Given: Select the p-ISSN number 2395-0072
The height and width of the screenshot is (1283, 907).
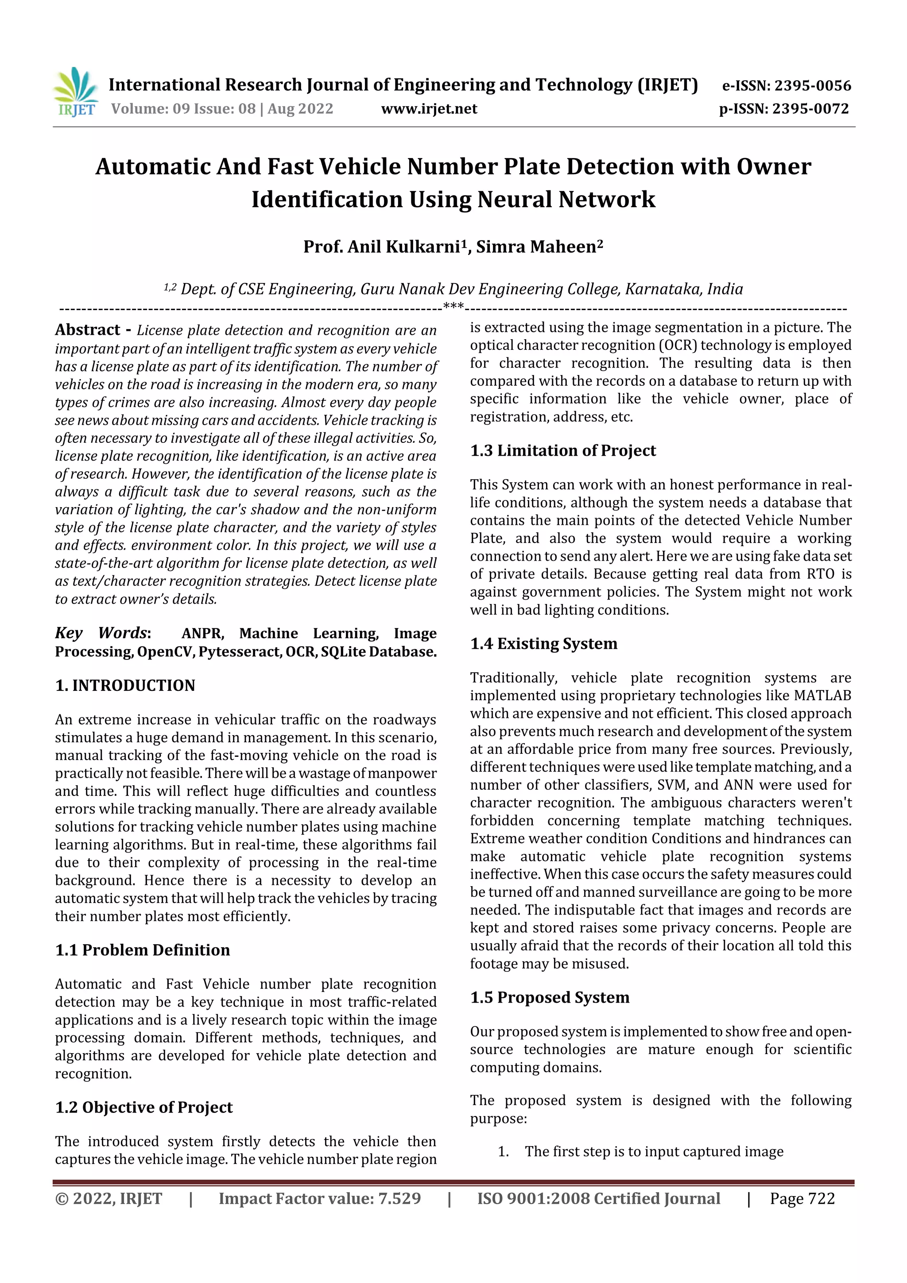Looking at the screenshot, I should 810,109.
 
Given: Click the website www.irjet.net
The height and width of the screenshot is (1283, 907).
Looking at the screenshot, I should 429,109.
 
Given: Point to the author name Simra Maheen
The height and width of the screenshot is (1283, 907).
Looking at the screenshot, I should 539,246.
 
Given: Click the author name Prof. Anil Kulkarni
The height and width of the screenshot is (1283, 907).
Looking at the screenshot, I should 384,246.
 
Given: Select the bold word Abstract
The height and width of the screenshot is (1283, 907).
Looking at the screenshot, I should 88,329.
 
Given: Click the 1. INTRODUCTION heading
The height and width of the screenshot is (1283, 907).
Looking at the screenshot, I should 125,685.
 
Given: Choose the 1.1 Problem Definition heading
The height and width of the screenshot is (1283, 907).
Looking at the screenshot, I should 143,950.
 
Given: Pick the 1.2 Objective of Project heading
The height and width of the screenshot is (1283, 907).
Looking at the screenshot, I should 143,1107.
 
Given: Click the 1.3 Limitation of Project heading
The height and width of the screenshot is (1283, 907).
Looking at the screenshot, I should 563,450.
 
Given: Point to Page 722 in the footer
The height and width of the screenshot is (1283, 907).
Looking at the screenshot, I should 802,1198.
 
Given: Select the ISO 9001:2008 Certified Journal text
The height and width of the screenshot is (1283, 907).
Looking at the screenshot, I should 598,1198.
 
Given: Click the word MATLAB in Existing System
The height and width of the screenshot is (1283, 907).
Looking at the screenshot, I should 822,695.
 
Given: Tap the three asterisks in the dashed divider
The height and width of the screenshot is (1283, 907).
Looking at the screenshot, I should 453,306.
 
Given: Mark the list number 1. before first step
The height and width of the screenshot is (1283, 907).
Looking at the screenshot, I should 503,1151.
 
